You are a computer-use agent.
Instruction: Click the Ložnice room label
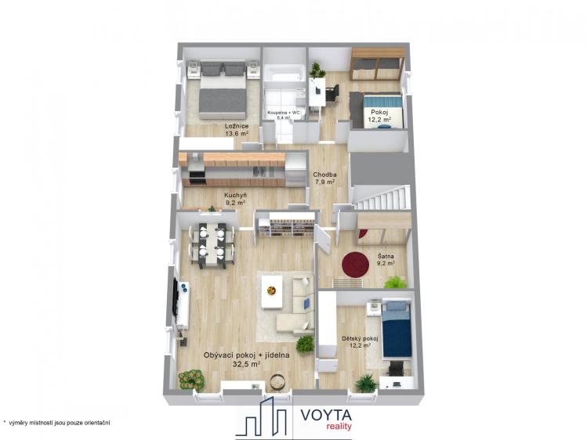click(237, 126)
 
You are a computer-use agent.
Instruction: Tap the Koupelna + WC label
click(284, 113)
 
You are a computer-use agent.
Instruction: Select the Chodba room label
click(324, 175)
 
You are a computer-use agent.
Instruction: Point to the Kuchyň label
click(235, 195)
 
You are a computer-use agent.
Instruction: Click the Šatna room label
click(386, 257)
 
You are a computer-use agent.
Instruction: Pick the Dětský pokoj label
click(360, 339)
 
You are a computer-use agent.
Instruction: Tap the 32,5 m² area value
click(246, 364)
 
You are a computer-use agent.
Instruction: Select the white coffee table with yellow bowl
click(272, 291)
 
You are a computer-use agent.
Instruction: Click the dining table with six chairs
click(212, 245)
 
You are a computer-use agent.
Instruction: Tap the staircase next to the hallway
click(382, 198)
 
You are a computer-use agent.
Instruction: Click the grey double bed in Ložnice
click(223, 90)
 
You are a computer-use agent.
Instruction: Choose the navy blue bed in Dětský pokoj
click(397, 329)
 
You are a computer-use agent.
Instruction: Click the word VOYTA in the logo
click(326, 415)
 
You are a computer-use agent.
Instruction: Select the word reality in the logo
click(339, 427)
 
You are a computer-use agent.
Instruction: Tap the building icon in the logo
click(261, 417)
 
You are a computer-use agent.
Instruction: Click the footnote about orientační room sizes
click(56, 423)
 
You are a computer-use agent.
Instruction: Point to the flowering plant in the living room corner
click(192, 379)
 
